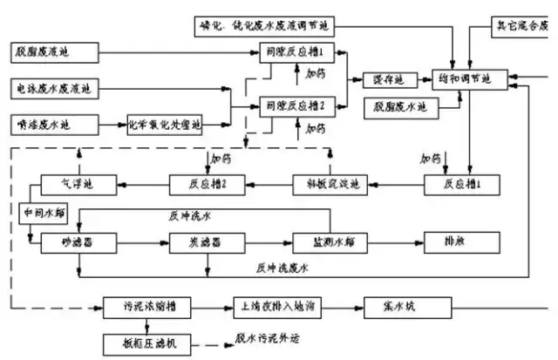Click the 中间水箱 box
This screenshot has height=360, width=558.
(44, 210)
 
